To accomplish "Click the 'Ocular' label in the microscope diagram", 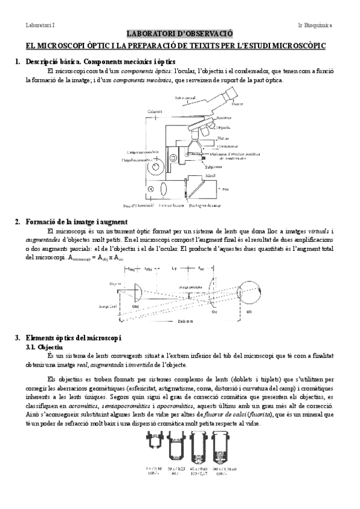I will pyautogui.click(x=221, y=103).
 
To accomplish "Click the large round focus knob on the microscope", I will pyautogui.click(x=158, y=166).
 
